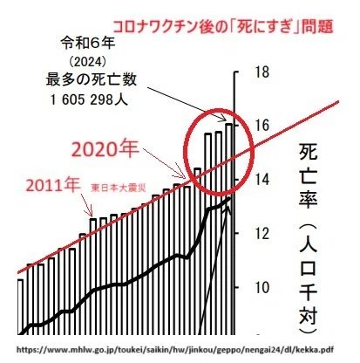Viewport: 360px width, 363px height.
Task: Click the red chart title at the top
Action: [x=222, y=27]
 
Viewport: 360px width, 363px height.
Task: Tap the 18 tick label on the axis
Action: [x=261, y=72]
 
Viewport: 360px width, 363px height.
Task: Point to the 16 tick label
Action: [x=261, y=126]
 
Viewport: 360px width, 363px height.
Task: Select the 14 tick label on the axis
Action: [x=261, y=180]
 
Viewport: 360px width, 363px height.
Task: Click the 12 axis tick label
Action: [x=261, y=234]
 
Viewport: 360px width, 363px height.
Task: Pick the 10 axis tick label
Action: [x=261, y=287]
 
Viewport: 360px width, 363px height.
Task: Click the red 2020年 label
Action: [x=105, y=150]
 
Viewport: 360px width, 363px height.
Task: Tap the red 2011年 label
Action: [x=53, y=185]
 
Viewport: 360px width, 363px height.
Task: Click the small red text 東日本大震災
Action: [x=118, y=188]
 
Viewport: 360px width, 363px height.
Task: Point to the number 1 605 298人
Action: [x=89, y=100]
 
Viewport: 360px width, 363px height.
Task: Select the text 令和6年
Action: [x=88, y=43]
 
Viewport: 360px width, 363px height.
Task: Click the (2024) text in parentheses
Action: [x=88, y=61]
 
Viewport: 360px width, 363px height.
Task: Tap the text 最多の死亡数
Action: [x=92, y=79]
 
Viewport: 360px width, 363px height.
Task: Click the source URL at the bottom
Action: [x=175, y=349]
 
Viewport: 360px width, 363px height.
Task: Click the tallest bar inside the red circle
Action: [x=229, y=229]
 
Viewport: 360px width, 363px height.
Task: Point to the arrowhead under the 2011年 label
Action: [x=91, y=214]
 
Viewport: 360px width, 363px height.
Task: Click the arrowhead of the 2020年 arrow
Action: [x=182, y=175]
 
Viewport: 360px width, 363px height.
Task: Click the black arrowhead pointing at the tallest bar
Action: [x=224, y=119]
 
